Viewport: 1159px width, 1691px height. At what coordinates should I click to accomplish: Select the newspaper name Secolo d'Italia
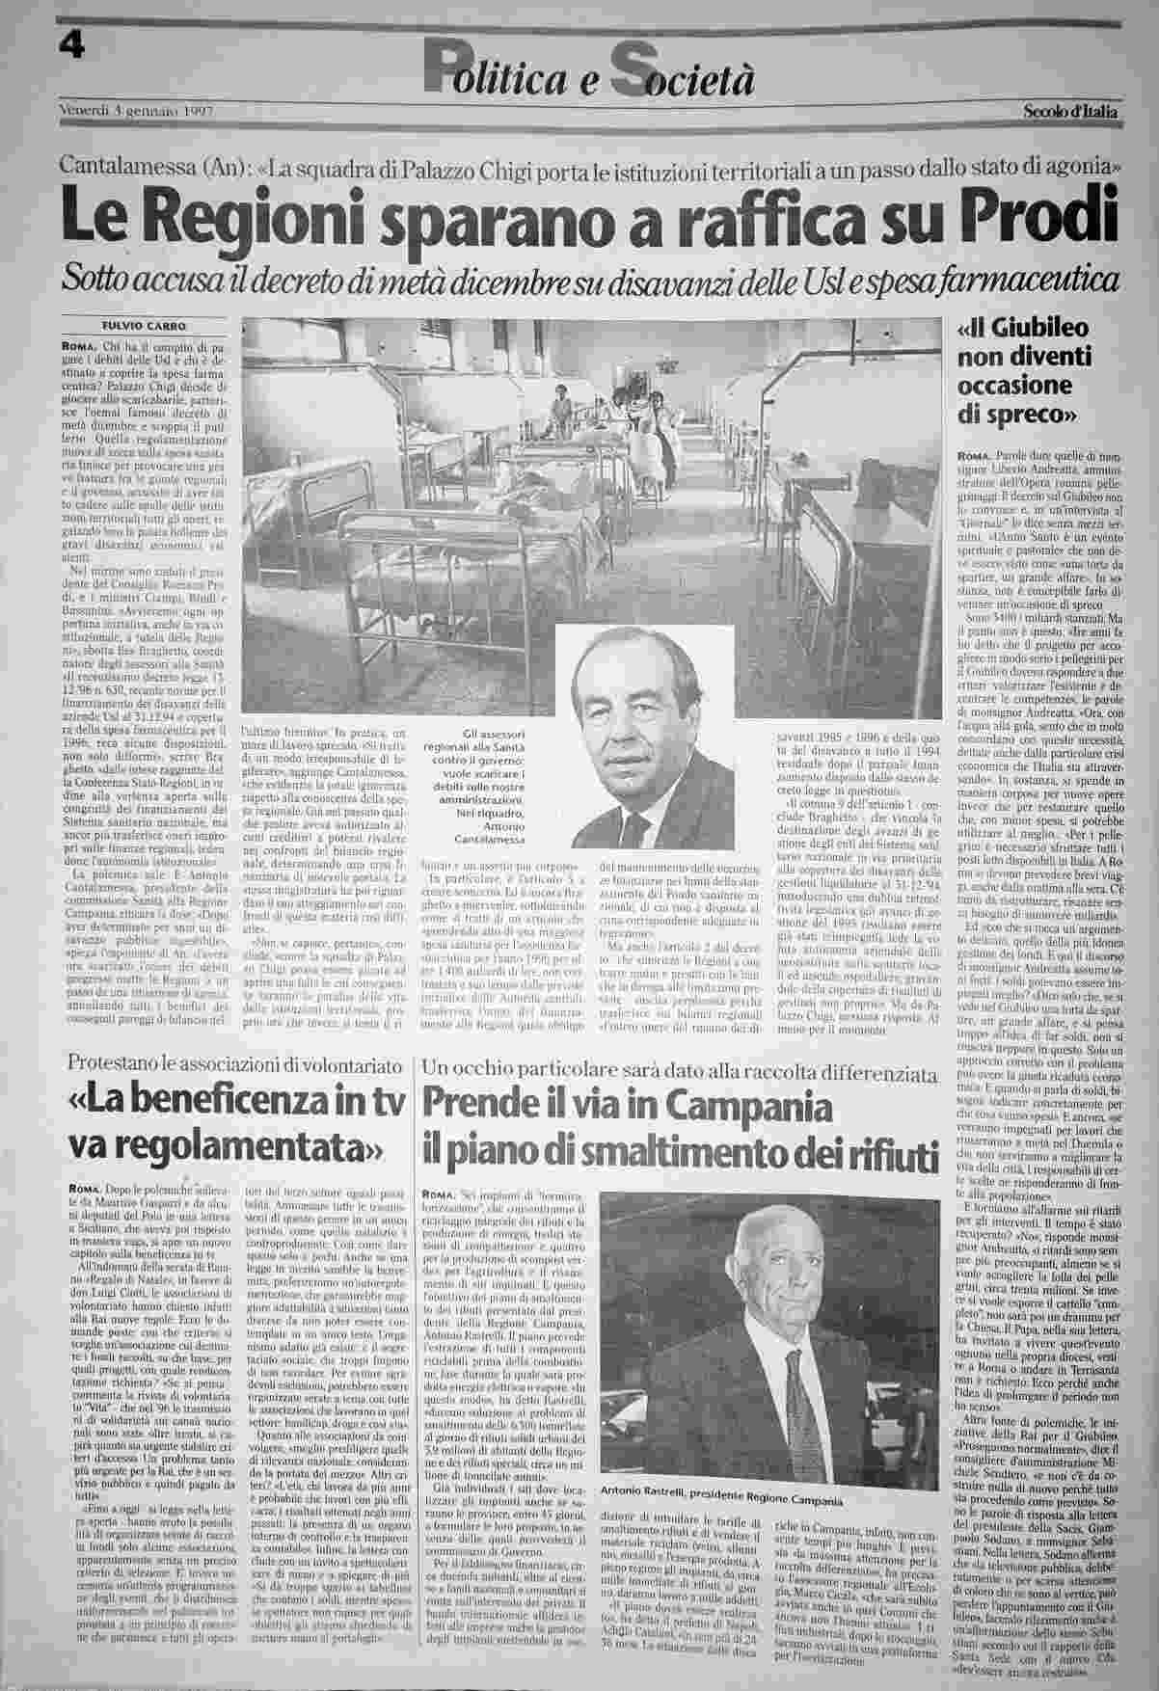coord(1071,112)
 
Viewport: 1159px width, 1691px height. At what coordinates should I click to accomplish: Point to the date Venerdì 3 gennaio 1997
coord(136,111)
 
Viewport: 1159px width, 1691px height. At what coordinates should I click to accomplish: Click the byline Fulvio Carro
coord(145,325)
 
